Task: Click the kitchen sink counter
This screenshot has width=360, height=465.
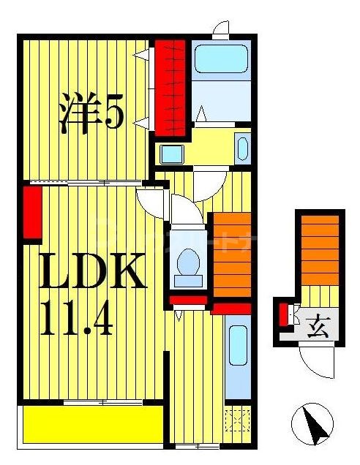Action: tap(237, 355)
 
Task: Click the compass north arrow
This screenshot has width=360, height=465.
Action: tap(312, 426)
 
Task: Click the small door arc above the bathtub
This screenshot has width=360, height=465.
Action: tap(220, 29)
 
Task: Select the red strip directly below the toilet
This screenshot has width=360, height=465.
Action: tap(190, 299)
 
